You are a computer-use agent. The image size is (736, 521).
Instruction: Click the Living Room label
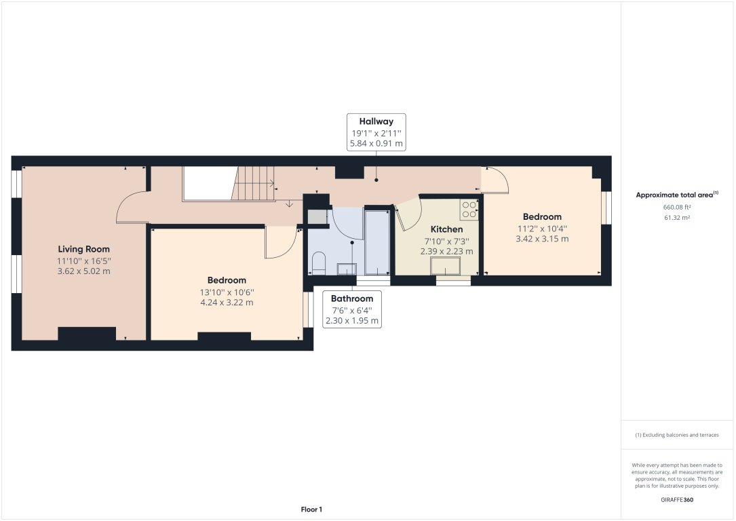click(x=83, y=249)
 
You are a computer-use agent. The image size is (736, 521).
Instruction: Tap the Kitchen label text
click(x=446, y=229)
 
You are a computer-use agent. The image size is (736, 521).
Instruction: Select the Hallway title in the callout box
click(x=376, y=121)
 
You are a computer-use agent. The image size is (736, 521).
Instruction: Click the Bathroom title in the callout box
click(x=352, y=298)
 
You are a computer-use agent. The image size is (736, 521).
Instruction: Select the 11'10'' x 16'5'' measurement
click(x=83, y=260)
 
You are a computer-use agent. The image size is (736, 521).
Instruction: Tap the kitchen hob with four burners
click(x=469, y=210)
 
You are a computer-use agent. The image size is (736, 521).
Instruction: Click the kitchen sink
click(x=445, y=265)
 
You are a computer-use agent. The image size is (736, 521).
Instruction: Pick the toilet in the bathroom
click(x=319, y=263)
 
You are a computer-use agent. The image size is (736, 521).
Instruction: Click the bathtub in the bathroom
click(x=377, y=241)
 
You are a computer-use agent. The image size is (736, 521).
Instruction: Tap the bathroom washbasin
click(x=347, y=269)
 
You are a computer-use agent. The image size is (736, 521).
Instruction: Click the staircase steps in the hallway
click(x=255, y=183)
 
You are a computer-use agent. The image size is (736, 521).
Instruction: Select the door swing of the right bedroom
click(x=497, y=179)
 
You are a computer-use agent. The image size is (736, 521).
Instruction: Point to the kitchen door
click(x=407, y=214)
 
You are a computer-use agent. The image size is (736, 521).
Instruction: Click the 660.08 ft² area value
click(x=678, y=207)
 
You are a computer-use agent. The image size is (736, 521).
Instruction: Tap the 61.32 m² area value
click(x=678, y=218)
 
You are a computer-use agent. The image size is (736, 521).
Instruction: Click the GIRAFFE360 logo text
click(x=677, y=499)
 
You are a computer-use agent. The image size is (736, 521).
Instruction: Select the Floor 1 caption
click(x=311, y=509)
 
